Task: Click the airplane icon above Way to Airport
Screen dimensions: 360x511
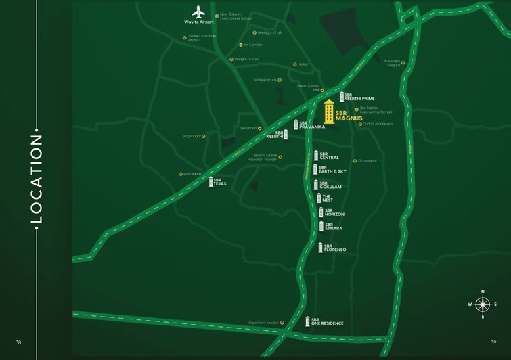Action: (198, 12)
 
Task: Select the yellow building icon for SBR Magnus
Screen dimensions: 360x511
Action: (329, 112)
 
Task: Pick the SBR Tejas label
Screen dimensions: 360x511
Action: (219, 181)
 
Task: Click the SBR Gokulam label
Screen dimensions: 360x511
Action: (330, 185)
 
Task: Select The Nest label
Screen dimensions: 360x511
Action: (328, 198)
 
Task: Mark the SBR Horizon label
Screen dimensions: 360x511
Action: (334, 212)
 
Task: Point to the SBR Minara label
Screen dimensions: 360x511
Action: (333, 227)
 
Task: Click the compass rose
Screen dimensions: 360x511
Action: (483, 304)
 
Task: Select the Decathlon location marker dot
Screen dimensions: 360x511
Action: (260, 127)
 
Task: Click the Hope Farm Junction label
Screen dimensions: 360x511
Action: (263, 323)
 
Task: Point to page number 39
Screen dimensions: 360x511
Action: (493, 342)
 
